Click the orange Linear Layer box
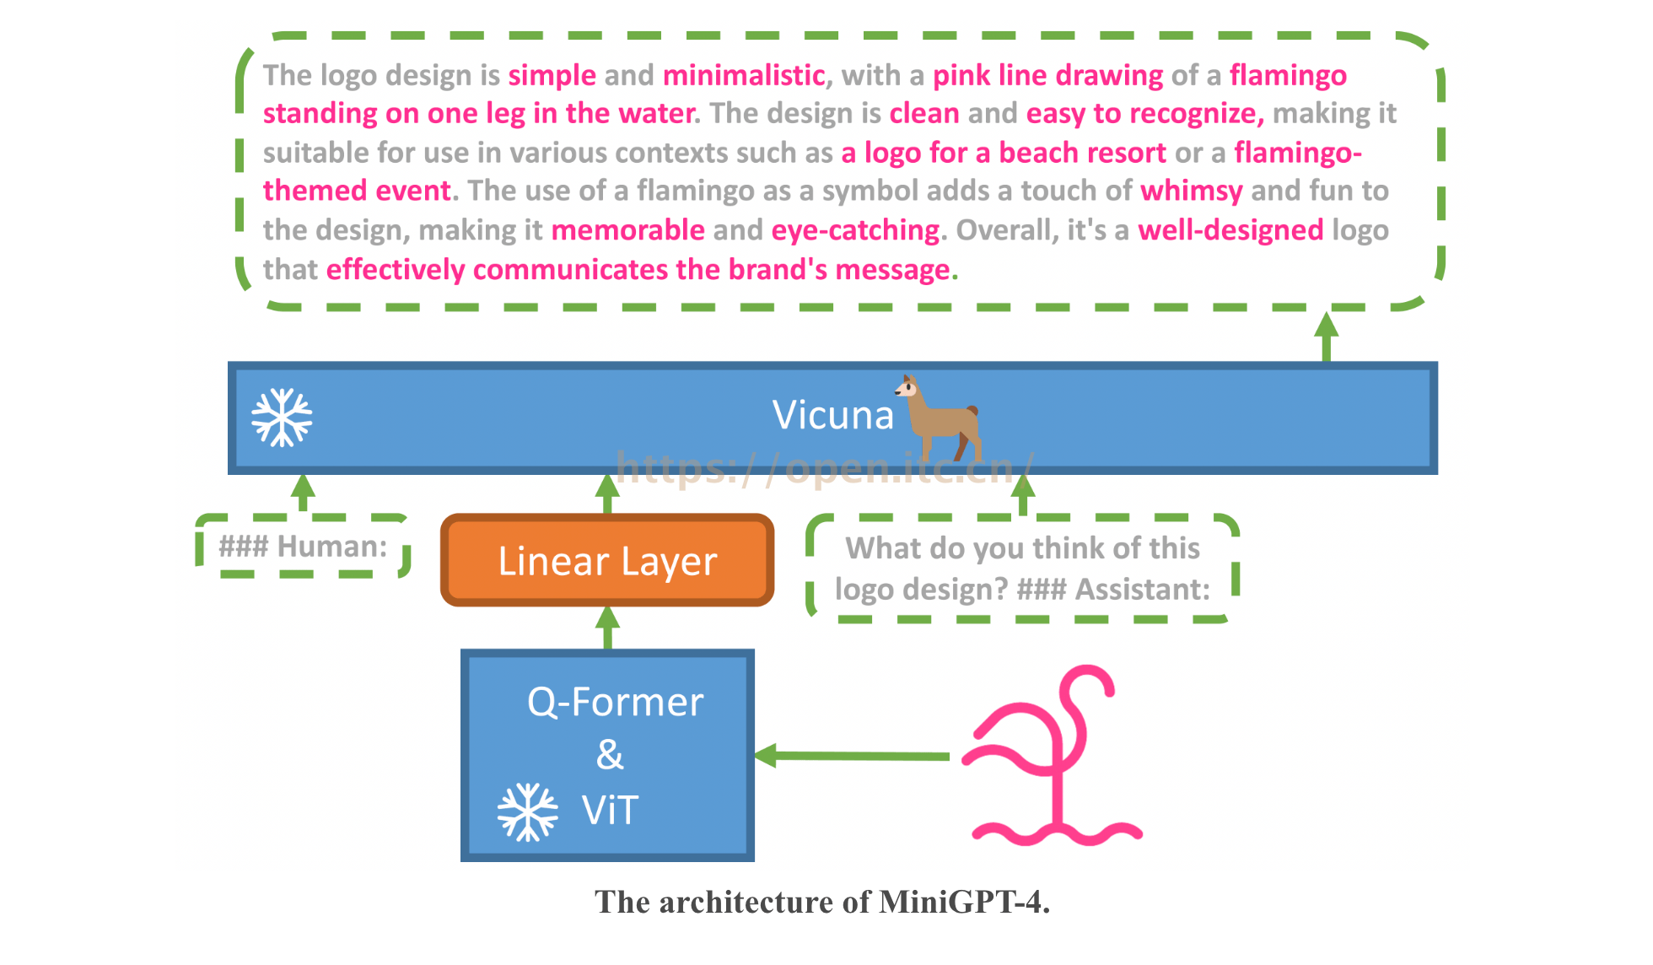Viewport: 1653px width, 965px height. (607, 560)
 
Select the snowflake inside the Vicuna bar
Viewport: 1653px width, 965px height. (282, 418)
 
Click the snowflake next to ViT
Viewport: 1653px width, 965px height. (527, 811)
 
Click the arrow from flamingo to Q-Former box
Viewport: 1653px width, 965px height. (852, 756)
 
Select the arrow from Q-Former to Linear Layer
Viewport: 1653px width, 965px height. (607, 627)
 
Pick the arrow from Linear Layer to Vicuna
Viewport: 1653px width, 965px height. (607, 493)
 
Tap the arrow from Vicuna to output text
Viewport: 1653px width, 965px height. (1327, 337)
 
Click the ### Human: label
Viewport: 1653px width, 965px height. (303, 547)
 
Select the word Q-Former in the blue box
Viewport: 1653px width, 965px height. (615, 702)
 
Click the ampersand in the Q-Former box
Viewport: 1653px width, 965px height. (610, 754)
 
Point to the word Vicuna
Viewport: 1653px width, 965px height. (832, 415)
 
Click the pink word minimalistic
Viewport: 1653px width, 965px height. (743, 75)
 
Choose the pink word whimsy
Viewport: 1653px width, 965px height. (1191, 191)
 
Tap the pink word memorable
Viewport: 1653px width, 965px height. (627, 230)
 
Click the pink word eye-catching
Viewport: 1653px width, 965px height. (855, 230)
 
